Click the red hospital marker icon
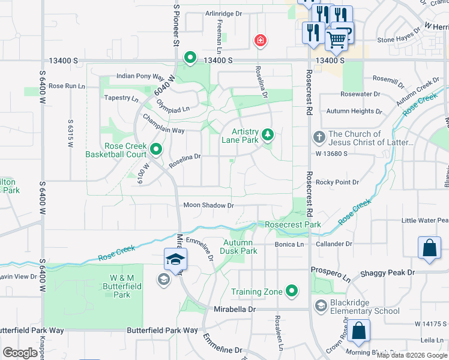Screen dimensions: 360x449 260,41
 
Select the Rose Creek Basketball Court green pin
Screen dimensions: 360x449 156,149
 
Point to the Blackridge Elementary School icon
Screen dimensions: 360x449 321,307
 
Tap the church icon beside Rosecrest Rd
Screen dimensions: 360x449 319,138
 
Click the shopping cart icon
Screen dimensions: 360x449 337,40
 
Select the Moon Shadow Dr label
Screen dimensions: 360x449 208,205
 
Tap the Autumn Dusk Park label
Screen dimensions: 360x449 240,247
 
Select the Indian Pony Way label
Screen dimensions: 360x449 140,76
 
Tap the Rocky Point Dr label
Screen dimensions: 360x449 337,182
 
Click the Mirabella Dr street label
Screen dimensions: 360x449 235,309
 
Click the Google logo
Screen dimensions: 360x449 20,353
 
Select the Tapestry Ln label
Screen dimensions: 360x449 121,97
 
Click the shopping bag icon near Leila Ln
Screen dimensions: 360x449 358,331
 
